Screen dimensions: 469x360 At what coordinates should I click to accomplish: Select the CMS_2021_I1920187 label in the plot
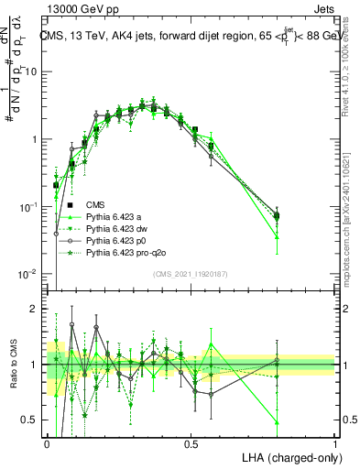[x=191, y=273]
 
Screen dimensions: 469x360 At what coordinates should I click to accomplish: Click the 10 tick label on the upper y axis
[x=33, y=71]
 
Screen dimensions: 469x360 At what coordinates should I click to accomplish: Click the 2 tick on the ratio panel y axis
[x=36, y=309]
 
